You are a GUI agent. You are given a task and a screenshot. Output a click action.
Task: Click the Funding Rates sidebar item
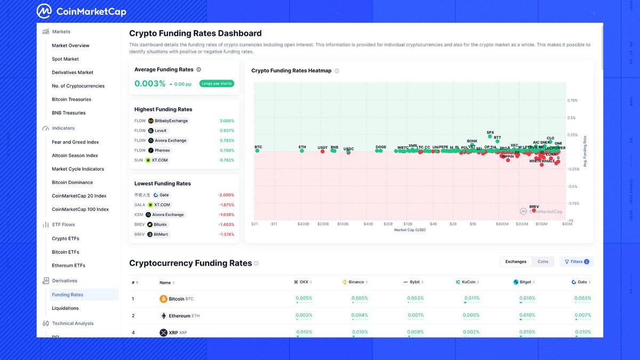(68, 294)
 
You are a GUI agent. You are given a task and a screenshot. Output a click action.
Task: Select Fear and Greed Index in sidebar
(75, 142)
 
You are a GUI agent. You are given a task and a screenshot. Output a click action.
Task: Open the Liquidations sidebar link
(65, 308)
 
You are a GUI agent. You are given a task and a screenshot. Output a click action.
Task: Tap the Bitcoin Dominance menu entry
(72, 182)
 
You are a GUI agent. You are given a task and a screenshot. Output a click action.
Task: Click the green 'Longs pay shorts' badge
(217, 84)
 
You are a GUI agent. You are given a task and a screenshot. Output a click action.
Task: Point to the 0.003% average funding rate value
(150, 84)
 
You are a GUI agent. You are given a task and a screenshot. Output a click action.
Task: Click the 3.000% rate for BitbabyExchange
(227, 121)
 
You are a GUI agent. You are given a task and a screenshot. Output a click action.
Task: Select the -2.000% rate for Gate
(226, 195)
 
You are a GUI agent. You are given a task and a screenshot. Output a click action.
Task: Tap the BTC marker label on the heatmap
(258, 147)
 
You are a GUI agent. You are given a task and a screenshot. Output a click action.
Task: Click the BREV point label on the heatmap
(534, 206)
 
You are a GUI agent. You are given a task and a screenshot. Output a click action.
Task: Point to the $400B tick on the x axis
(303, 224)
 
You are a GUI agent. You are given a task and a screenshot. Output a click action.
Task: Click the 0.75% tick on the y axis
(572, 100)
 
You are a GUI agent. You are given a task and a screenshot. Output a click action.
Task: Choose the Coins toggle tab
(543, 262)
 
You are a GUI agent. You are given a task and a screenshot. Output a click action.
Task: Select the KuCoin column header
(466, 282)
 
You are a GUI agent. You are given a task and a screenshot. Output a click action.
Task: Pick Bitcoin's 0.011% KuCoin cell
(471, 299)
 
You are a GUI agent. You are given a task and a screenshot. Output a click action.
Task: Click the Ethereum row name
(179, 316)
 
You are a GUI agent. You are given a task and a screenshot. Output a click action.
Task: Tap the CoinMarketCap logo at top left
(82, 11)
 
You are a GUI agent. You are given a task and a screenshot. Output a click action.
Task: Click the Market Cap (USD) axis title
(410, 230)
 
